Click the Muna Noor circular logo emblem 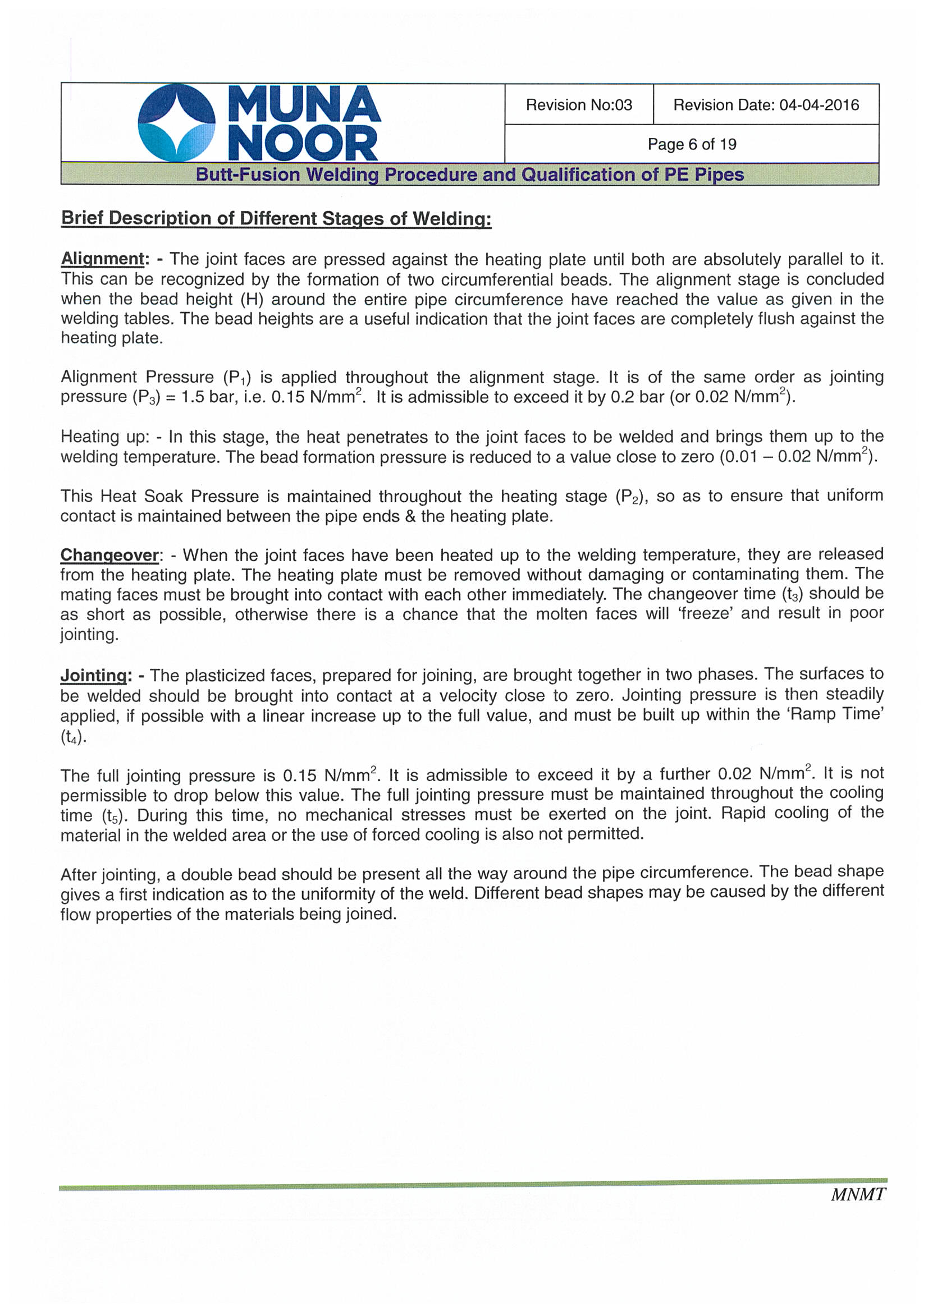click(x=177, y=123)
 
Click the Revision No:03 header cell click(x=579, y=105)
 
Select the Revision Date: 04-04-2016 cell click(x=766, y=105)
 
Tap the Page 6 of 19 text click(x=691, y=145)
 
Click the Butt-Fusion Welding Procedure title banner click(x=469, y=175)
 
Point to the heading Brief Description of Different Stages click(x=276, y=218)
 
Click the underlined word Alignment click(x=103, y=259)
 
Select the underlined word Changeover click(x=110, y=555)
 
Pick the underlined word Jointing click(x=94, y=676)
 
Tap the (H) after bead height click(x=252, y=300)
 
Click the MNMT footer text click(x=857, y=1194)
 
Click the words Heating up click(x=104, y=437)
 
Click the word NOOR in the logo click(x=303, y=144)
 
